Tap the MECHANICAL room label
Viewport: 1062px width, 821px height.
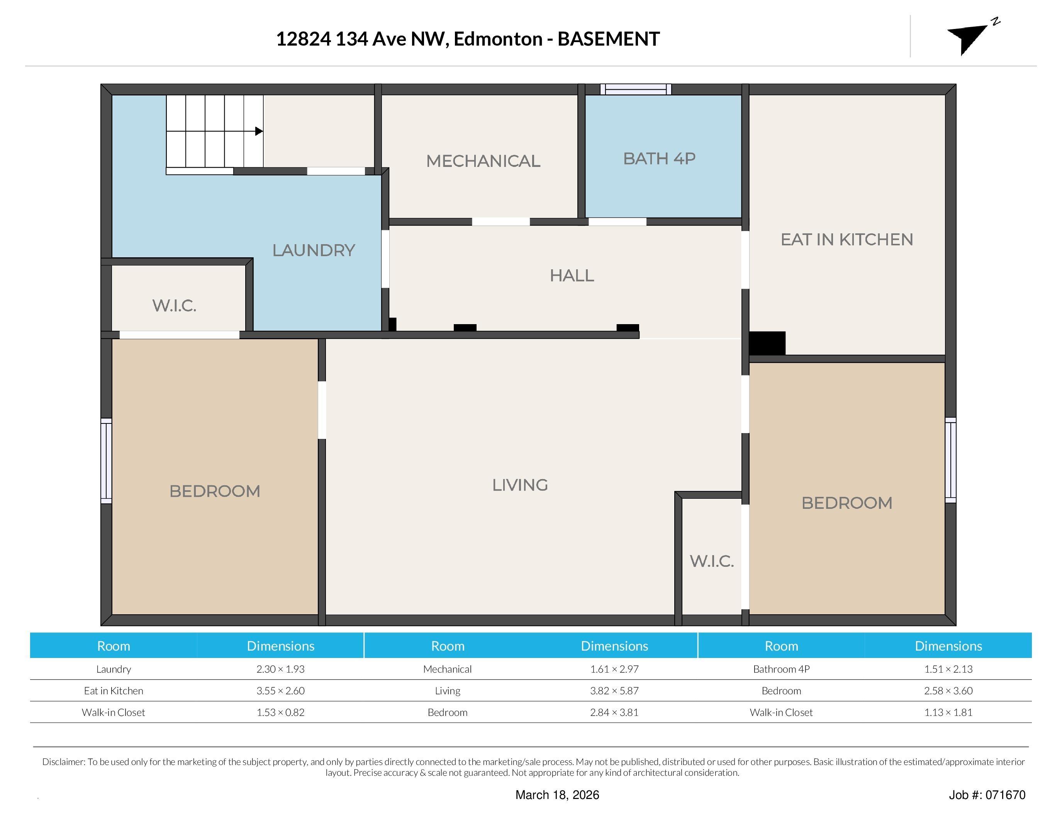coord(483,161)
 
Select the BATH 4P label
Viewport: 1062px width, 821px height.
coord(659,158)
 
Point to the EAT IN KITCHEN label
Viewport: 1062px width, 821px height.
coord(847,239)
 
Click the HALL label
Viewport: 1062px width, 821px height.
coord(572,276)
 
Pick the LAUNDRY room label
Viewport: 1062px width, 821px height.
coord(314,250)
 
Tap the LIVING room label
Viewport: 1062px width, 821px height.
coord(520,485)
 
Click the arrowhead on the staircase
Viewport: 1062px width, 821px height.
coord(259,131)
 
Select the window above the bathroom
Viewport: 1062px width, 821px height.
coord(636,89)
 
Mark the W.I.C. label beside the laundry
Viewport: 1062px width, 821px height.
coord(174,306)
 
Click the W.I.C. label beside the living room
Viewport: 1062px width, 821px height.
coord(711,561)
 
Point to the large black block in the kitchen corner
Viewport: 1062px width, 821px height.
coord(767,343)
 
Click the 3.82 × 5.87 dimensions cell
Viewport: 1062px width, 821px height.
coord(614,691)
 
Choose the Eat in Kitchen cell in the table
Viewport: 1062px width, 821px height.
coord(113,691)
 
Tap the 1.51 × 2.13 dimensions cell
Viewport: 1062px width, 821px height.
coord(948,669)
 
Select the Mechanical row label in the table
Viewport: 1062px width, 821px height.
coord(447,669)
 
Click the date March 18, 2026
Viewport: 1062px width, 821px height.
coord(557,795)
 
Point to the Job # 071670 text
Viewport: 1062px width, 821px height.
coord(987,795)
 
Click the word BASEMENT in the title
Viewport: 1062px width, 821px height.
coord(608,39)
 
